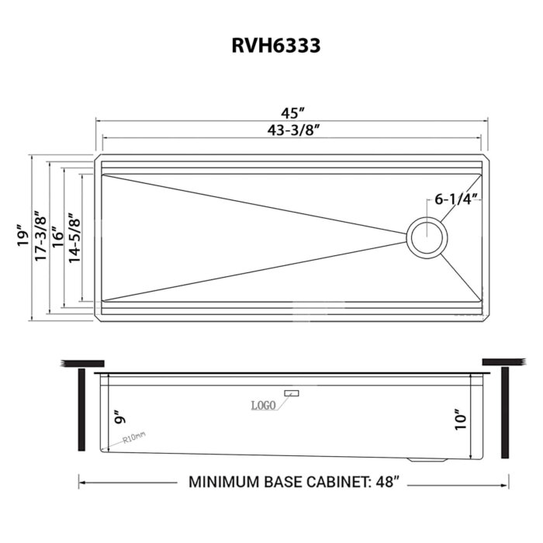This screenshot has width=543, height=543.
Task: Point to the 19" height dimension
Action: tap(22, 237)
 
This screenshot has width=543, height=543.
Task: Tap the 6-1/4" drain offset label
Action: tap(455, 199)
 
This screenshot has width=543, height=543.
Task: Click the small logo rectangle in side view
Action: tap(291, 394)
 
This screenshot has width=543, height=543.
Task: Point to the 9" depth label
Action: tap(116, 419)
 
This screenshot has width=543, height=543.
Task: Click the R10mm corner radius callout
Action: tap(134, 439)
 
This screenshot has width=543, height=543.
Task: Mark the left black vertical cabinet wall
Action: tap(80, 410)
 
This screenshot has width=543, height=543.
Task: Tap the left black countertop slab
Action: tap(82, 362)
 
